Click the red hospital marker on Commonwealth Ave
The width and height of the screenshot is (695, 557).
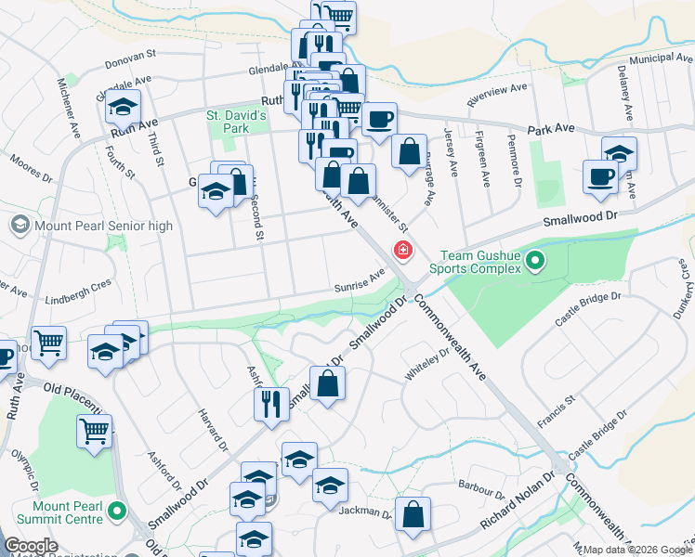pyautogui.click(x=403, y=249)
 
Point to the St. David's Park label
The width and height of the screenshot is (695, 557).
pyautogui.click(x=236, y=122)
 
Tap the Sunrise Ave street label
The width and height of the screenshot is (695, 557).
pyautogui.click(x=360, y=280)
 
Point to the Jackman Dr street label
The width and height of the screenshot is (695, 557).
pyautogui.click(x=365, y=512)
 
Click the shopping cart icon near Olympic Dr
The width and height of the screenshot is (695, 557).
pyautogui.click(x=94, y=431)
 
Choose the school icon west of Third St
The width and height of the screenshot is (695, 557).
pyautogui.click(x=123, y=107)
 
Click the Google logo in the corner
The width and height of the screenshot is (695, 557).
pyautogui.click(x=31, y=546)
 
